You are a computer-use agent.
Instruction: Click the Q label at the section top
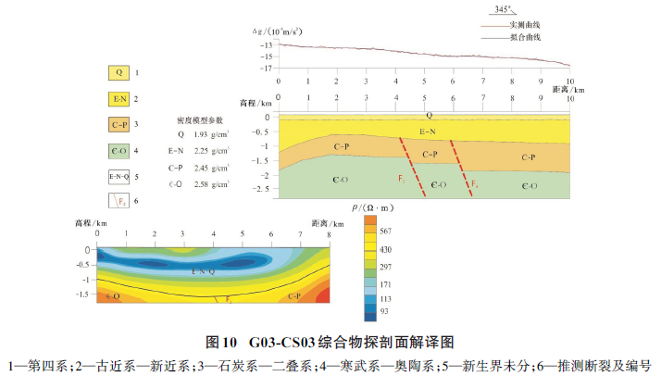point(429,115)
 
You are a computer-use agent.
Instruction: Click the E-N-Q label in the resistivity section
point(204,271)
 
